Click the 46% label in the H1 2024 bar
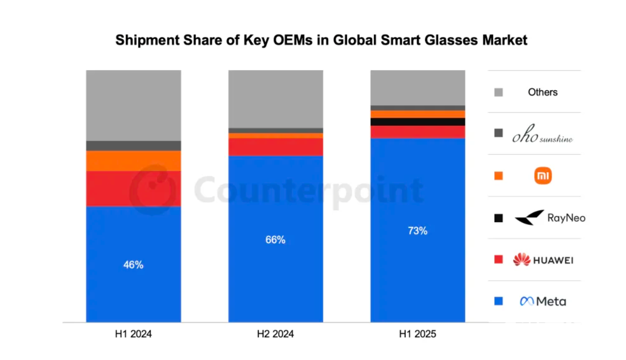(133, 265)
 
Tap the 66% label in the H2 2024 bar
(275, 240)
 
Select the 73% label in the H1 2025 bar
(417, 231)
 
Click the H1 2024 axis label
(133, 334)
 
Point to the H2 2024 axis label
(275, 334)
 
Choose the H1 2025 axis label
(417, 334)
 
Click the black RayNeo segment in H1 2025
(418, 122)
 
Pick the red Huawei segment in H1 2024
(133, 188)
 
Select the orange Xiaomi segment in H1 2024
(133, 161)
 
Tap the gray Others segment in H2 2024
(275, 99)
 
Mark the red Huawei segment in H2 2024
(275, 147)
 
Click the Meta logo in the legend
(543, 301)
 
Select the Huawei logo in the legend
(543, 259)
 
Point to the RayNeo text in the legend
(566, 218)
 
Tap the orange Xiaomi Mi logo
(543, 176)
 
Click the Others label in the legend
(543, 92)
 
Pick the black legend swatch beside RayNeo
(498, 218)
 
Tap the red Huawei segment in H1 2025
(418, 132)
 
